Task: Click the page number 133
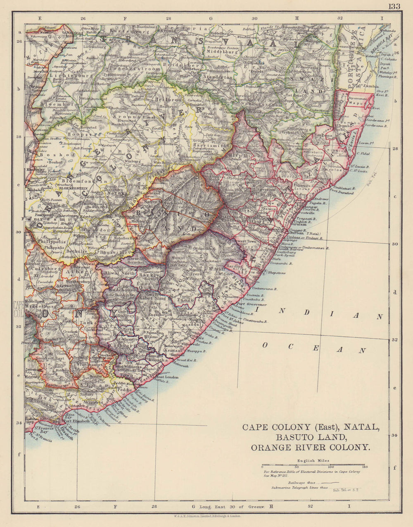point(394,6)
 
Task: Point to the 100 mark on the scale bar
point(330,467)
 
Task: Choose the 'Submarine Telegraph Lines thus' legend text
point(299,488)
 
